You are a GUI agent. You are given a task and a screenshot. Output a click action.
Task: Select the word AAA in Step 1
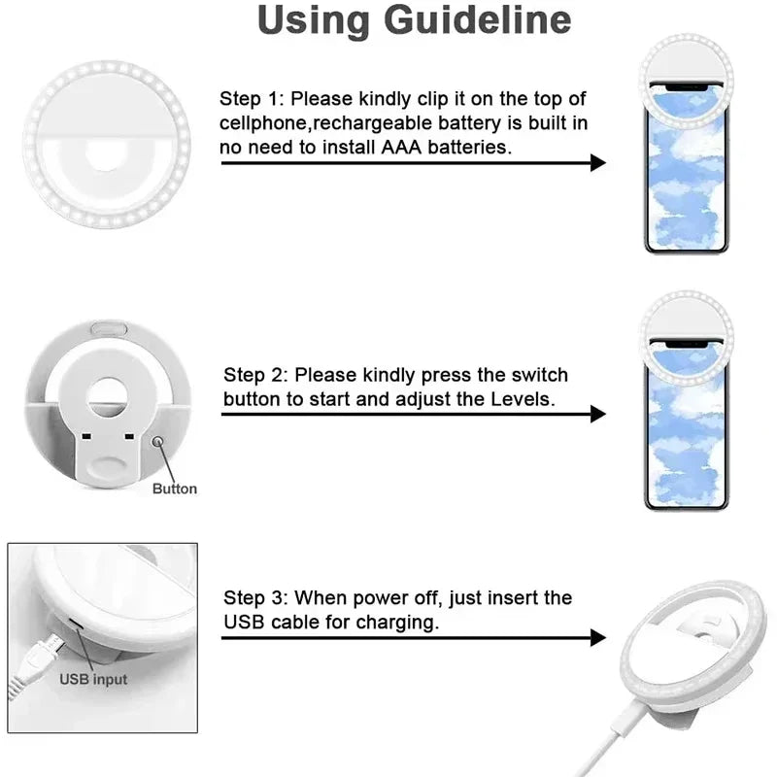coord(414,148)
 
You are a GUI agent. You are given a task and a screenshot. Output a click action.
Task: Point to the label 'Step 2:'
coord(256,375)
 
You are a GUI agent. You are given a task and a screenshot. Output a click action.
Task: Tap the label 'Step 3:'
coord(256,597)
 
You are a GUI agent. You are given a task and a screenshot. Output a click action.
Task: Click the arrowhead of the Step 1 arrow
coord(598,163)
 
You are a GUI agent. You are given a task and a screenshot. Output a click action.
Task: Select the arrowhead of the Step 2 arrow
coord(598,414)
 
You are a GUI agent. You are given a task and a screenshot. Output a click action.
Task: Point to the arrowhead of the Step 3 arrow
coord(598,638)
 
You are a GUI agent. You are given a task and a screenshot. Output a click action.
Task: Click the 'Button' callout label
coord(175,489)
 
